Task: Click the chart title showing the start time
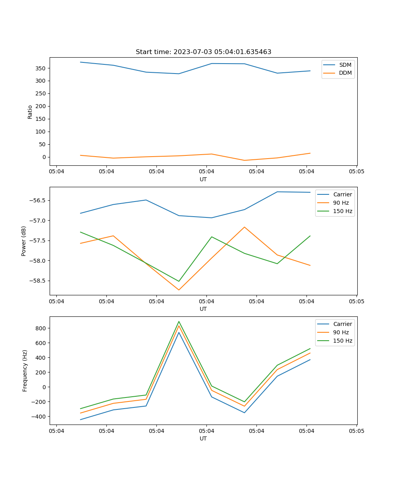203,52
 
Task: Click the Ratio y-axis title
30,112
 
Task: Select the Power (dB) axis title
24,241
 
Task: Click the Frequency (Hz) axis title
25,370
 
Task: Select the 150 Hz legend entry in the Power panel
343,211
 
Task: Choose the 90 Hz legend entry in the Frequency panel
341,332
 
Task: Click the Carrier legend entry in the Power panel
342,194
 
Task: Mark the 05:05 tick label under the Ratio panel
357,172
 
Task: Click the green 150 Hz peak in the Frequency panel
179,322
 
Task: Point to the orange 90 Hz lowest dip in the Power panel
179,290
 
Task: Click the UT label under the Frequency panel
203,438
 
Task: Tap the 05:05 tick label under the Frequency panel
357,431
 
